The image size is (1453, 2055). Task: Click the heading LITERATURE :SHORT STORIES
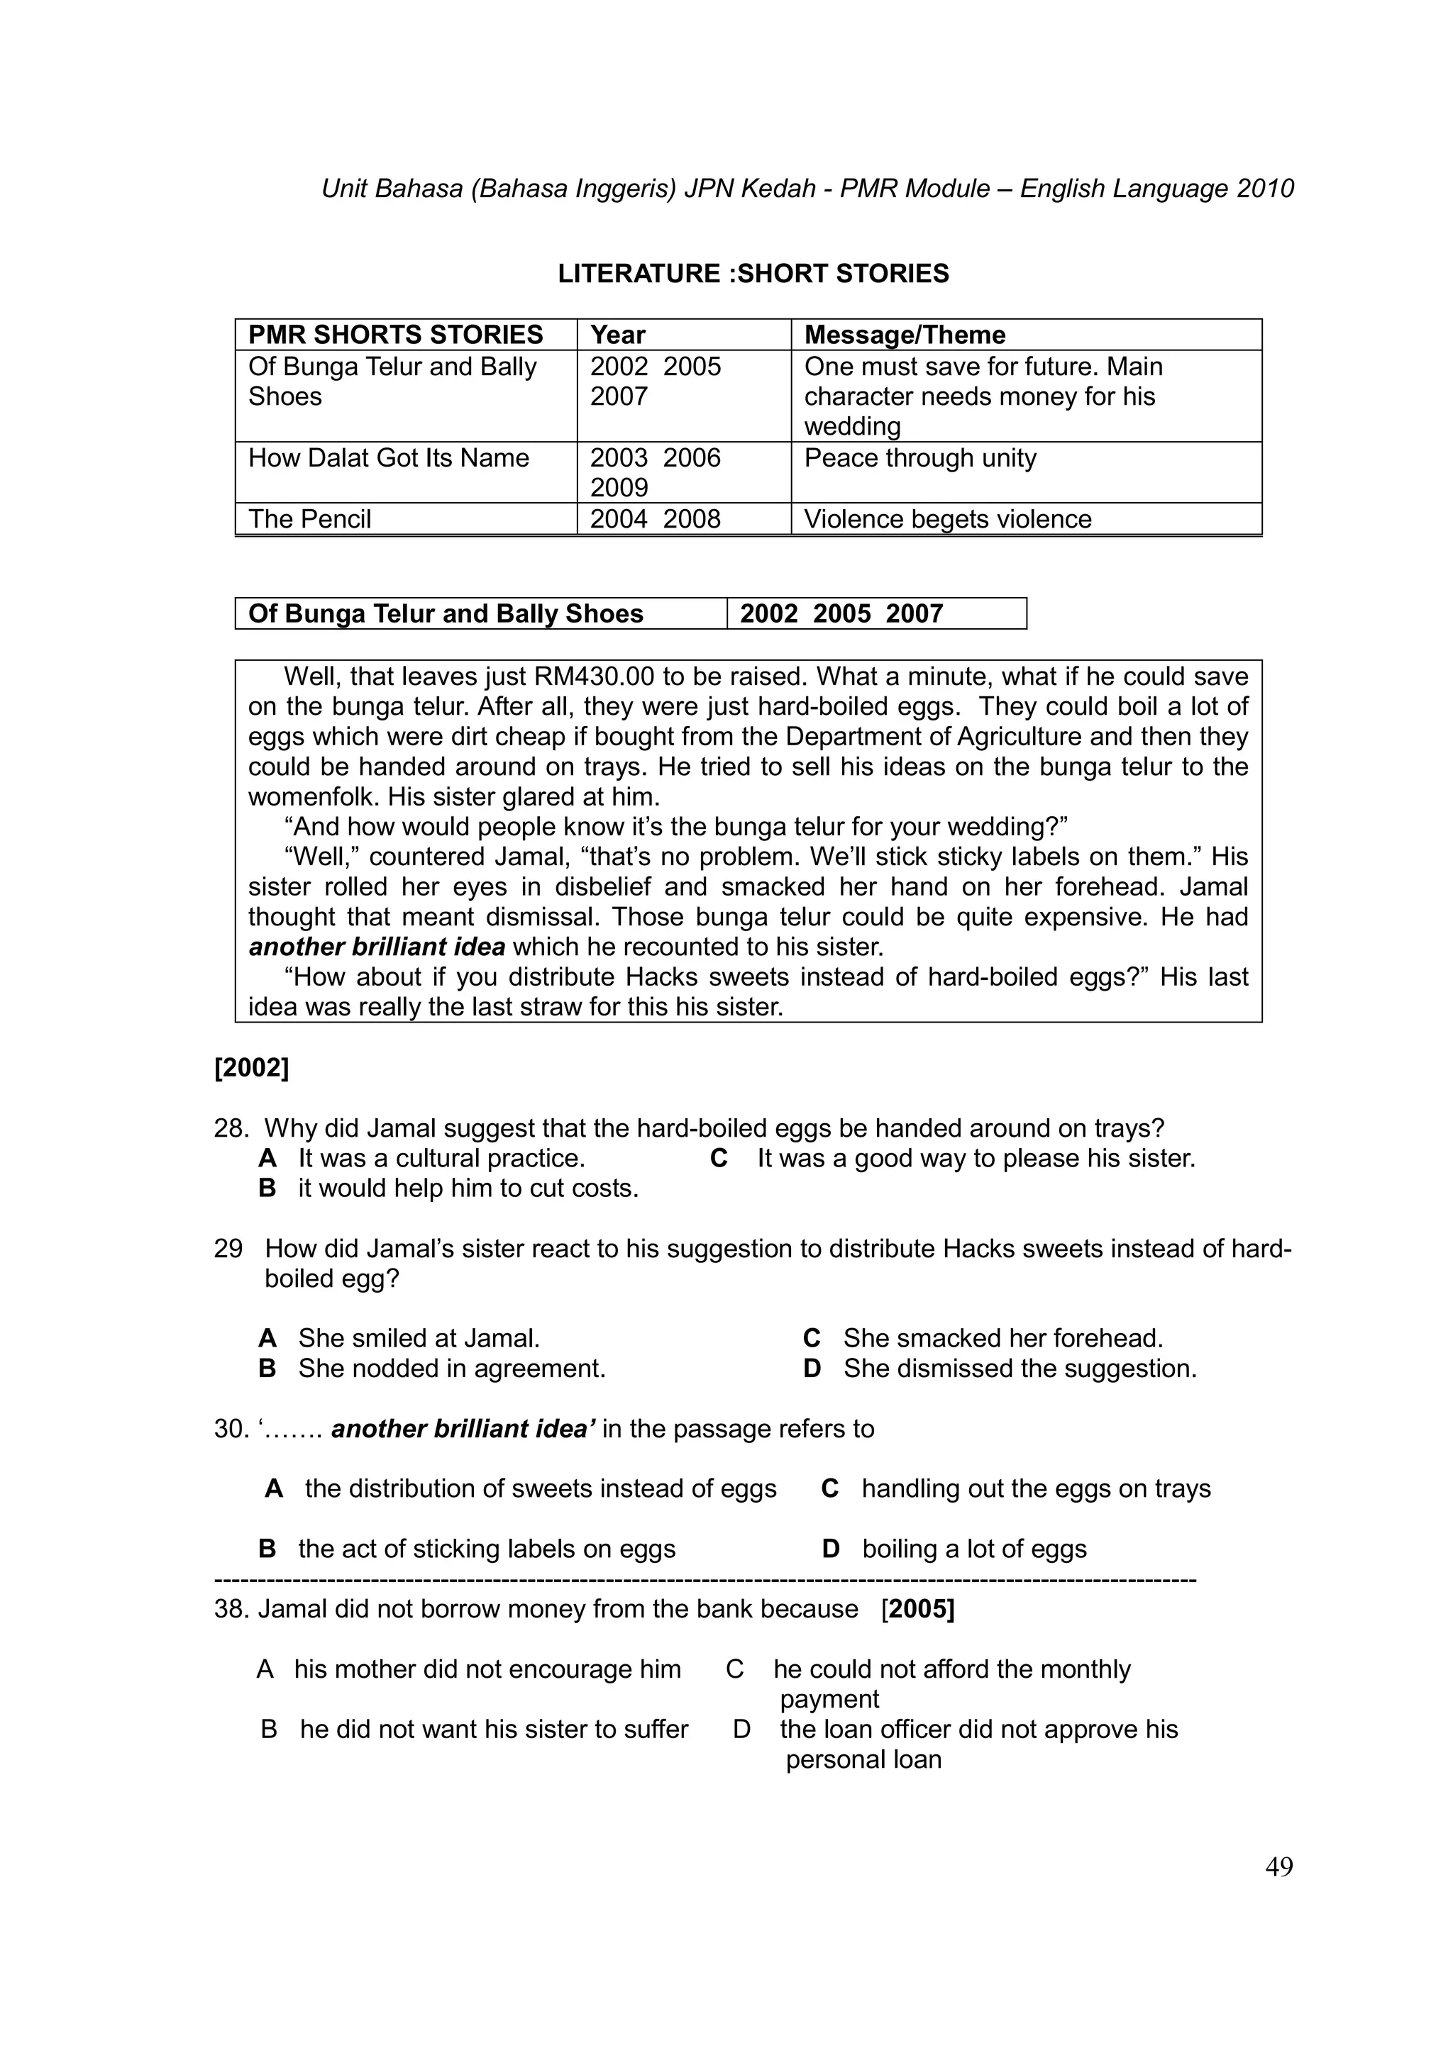[753, 273]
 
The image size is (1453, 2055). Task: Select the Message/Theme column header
[904, 335]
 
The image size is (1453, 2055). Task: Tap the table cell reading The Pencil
[310, 519]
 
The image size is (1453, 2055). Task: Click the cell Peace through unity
[919, 458]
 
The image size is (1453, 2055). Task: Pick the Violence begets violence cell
[947, 519]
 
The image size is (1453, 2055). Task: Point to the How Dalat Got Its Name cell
[389, 458]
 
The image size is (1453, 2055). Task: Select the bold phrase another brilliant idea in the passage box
[376, 946]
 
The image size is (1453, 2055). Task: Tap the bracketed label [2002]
[252, 1068]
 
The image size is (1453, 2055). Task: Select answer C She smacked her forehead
[1001, 1338]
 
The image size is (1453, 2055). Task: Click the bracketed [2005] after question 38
[917, 1608]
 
